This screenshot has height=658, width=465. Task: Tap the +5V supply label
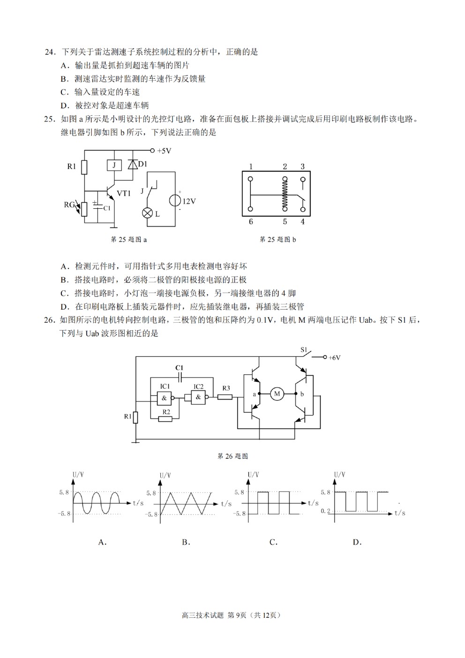[x=164, y=151]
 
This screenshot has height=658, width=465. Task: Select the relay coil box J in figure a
[x=114, y=166]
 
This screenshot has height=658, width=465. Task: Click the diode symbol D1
[x=133, y=165]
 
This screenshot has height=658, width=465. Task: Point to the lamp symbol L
[x=147, y=213]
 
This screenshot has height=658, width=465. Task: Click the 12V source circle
[x=175, y=201]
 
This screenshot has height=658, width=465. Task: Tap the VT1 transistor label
[x=124, y=193]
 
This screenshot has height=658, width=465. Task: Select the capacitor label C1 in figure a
[x=107, y=208]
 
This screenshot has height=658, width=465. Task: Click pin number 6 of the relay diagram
[x=251, y=221]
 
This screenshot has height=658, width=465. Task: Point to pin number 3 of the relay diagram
[x=303, y=166]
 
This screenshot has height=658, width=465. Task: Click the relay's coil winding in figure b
[x=285, y=194]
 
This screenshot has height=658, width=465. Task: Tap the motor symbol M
[x=277, y=393]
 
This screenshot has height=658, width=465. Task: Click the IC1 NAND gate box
[x=164, y=398]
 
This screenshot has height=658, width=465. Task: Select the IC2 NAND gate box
[x=198, y=397]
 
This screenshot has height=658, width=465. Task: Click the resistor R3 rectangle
[x=225, y=397]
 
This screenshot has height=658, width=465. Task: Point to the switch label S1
[x=304, y=350]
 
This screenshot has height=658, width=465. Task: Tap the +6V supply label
[x=334, y=357]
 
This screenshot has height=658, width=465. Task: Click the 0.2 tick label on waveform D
[x=325, y=511]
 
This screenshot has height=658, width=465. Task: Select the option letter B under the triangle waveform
[x=186, y=542]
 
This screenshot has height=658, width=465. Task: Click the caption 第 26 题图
[x=232, y=456]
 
